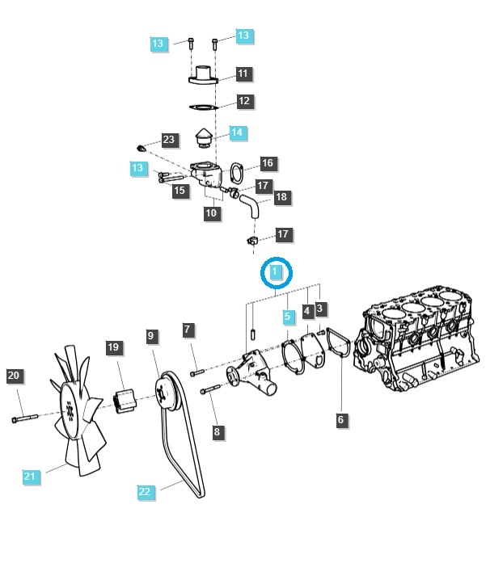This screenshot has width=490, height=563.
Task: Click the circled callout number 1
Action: pos(276,271)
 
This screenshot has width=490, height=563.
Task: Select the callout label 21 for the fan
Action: pos(30,477)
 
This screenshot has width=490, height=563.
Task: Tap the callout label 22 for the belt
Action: pos(146,492)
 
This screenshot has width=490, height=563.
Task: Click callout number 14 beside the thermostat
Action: pos(238,132)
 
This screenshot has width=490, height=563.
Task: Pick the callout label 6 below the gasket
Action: pos(340,419)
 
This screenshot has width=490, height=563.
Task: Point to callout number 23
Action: pos(169,140)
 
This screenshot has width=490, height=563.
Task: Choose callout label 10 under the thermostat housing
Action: pos(211,213)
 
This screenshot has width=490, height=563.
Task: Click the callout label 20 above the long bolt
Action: pos(14,376)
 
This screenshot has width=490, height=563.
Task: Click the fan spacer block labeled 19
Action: pos(125,401)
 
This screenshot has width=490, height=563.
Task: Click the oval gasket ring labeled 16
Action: pos(236,174)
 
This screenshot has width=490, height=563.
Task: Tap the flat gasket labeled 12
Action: pos(204,107)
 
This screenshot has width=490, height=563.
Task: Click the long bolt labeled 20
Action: pos(25,418)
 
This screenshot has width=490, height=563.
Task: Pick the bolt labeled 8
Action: pos(210,389)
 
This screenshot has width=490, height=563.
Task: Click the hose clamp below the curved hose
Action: pos(252,241)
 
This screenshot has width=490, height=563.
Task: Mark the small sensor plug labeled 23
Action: pos(142,148)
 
